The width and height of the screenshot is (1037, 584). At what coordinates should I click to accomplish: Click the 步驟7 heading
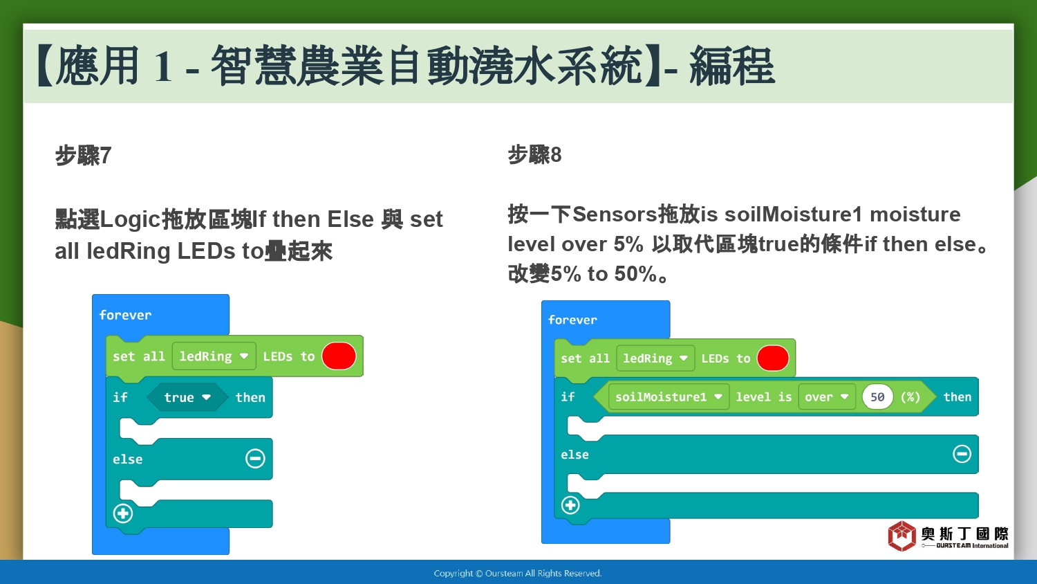(84, 155)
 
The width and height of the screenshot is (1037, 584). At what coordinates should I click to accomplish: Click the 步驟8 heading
(534, 154)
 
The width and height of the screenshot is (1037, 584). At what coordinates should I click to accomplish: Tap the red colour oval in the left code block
(339, 356)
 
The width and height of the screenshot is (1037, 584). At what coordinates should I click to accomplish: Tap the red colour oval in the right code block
(773, 358)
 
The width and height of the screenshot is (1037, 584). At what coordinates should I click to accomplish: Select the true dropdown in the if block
(187, 397)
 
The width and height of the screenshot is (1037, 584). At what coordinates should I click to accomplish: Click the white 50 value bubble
(877, 396)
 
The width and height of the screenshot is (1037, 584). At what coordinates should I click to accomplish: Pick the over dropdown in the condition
(827, 396)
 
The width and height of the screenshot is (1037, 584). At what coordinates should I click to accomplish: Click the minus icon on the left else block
(255, 458)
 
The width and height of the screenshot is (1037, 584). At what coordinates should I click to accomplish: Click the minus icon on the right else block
(962, 454)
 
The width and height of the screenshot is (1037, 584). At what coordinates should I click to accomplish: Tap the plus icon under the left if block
(123, 513)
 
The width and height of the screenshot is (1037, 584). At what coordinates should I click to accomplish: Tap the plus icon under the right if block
(570, 505)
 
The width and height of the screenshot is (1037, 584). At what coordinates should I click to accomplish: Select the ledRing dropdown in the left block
(214, 356)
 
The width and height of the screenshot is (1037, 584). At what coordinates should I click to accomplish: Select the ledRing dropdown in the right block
(655, 358)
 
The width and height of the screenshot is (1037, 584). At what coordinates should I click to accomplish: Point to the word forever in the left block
(125, 315)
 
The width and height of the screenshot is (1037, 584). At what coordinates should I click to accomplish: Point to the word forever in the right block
(572, 320)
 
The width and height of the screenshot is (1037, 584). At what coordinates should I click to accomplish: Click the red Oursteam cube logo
(901, 536)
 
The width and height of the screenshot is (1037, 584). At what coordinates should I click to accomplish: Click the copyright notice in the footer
(518, 574)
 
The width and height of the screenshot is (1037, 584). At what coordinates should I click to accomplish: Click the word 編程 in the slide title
(732, 66)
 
